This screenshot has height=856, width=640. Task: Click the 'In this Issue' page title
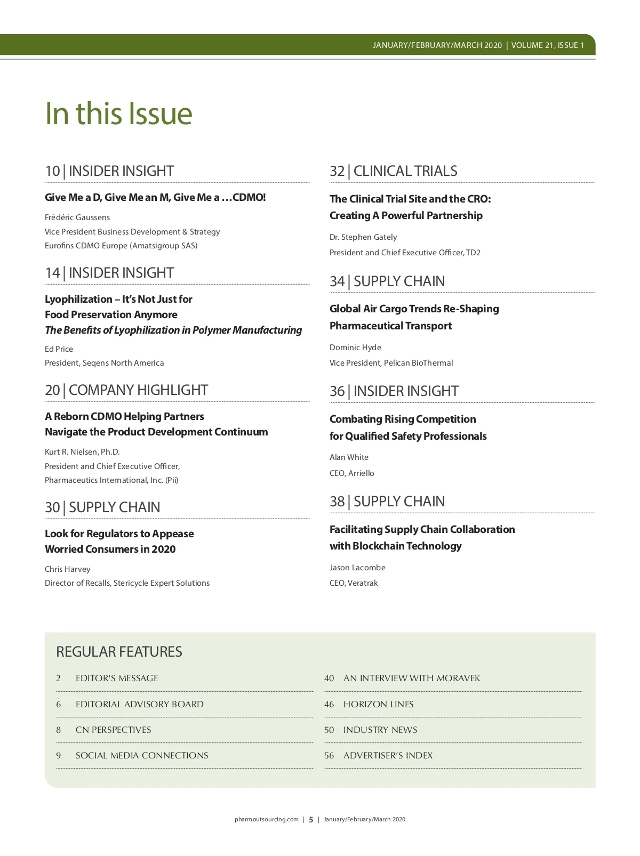click(118, 114)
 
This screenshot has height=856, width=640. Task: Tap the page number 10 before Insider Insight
click(52, 171)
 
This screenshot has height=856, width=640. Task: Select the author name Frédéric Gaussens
click(77, 217)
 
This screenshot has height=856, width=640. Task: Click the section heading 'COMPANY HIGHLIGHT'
click(138, 390)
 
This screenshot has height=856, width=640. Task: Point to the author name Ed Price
click(59, 349)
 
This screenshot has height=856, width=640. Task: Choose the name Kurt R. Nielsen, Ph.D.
click(82, 452)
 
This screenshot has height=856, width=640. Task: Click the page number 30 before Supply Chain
click(52, 507)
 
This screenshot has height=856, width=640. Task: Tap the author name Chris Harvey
click(68, 569)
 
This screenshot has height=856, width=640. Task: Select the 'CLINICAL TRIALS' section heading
click(405, 171)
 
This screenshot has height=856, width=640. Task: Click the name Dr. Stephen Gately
click(363, 237)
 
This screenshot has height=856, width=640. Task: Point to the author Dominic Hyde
click(355, 348)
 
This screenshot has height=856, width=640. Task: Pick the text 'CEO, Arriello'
click(352, 473)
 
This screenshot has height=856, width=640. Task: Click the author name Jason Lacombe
click(357, 568)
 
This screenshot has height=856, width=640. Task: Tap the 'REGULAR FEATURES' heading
click(119, 652)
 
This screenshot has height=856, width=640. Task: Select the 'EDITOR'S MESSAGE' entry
click(117, 679)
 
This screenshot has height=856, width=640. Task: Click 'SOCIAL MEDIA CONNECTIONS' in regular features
click(142, 756)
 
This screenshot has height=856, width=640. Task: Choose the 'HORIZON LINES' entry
click(379, 705)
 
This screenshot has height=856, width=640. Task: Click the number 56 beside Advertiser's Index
click(329, 756)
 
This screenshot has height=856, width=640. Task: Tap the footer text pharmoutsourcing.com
click(267, 820)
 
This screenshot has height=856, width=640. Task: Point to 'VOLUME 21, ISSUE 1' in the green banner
click(548, 45)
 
